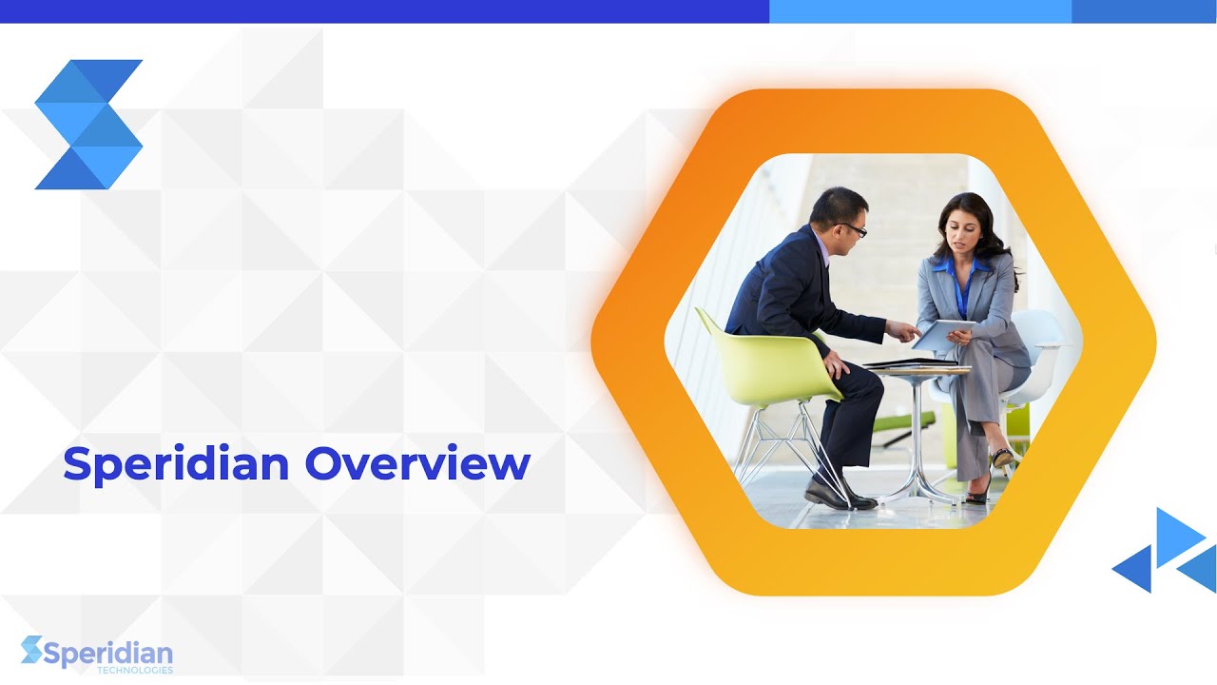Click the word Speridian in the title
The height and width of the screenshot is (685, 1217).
pyautogui.click(x=176, y=464)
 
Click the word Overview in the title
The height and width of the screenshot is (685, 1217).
pyautogui.click(x=417, y=464)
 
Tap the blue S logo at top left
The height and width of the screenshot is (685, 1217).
pyautogui.click(x=88, y=125)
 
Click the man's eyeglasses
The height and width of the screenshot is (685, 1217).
pyautogui.click(x=853, y=228)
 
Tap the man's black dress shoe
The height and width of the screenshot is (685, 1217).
pyautogui.click(x=837, y=495)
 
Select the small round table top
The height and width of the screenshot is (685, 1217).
pyautogui.click(x=918, y=368)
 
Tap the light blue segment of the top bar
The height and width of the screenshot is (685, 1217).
pyautogui.click(x=919, y=11)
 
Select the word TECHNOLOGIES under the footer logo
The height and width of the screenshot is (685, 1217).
pyautogui.click(x=135, y=671)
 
